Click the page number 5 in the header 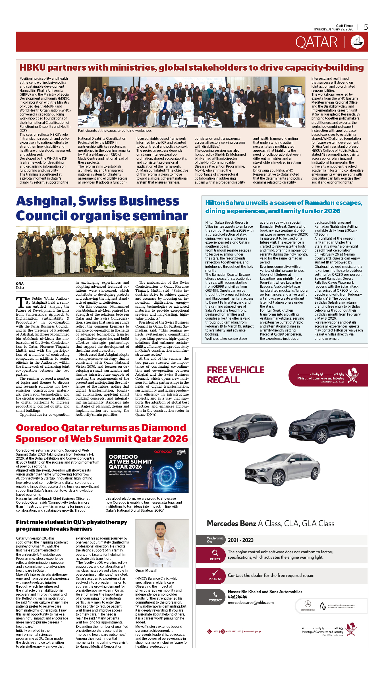click(x=366, y=27)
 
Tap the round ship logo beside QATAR click(x=357, y=42)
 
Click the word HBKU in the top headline click(x=32, y=68)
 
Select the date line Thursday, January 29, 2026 click(x=333, y=29)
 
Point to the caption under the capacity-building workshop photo click(x=115, y=131)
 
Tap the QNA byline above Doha click(x=20, y=284)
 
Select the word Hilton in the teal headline click(x=215, y=203)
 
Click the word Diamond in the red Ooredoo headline click(x=163, y=428)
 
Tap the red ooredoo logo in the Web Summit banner click(x=163, y=452)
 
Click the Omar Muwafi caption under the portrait click(x=146, y=570)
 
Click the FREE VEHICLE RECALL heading click(x=236, y=375)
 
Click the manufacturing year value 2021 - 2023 click(x=240, y=540)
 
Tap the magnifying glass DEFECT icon click(x=215, y=553)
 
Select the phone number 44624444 click(x=238, y=597)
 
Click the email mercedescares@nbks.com click(x=251, y=602)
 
